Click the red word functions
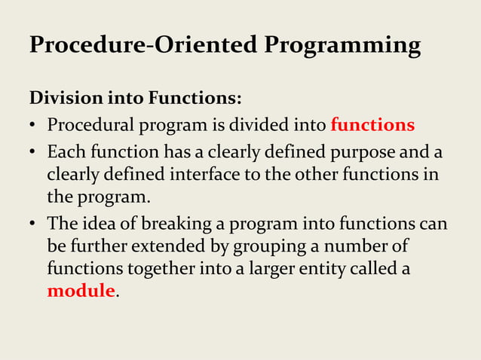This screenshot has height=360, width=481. [372, 124]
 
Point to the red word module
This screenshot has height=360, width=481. [81, 291]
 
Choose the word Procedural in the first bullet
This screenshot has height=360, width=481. [86, 124]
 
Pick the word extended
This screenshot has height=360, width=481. [162, 246]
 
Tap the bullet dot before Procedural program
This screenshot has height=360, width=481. [34, 125]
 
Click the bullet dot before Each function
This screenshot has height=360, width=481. [34, 154]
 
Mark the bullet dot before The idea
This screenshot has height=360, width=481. [34, 225]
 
